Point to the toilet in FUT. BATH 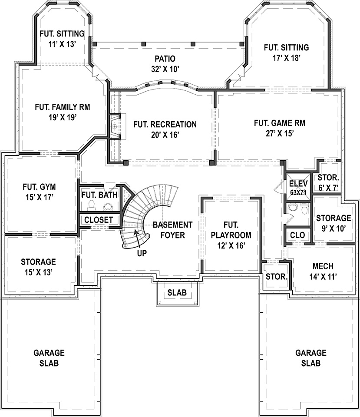(92, 205)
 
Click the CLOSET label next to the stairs (99, 220)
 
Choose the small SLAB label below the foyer (177, 293)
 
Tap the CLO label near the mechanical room (297, 235)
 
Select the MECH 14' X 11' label (323, 270)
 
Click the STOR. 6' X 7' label (328, 182)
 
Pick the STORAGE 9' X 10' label (333, 222)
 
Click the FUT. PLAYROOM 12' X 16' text (231, 235)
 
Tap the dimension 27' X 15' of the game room (279, 134)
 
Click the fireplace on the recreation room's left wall (115, 126)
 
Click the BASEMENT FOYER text (172, 230)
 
